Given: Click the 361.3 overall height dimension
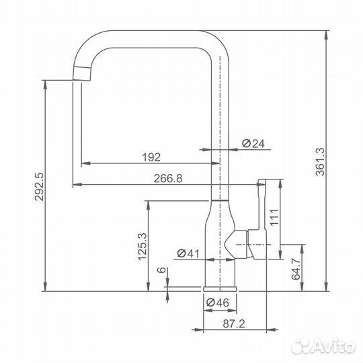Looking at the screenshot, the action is tap(321, 161).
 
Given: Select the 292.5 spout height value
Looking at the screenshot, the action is tap(39, 186).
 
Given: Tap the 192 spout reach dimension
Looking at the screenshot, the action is tap(151, 157).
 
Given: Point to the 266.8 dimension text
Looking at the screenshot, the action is tap(168, 179).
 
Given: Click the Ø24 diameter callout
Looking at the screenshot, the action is tap(253, 144).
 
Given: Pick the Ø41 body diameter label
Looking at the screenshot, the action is tap(188, 253).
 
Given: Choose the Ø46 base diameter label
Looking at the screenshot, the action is tap(218, 302).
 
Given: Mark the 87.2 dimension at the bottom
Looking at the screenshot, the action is tap(234, 323).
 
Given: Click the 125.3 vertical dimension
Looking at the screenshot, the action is tap(143, 247).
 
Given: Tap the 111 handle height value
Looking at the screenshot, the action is tap(274, 217).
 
